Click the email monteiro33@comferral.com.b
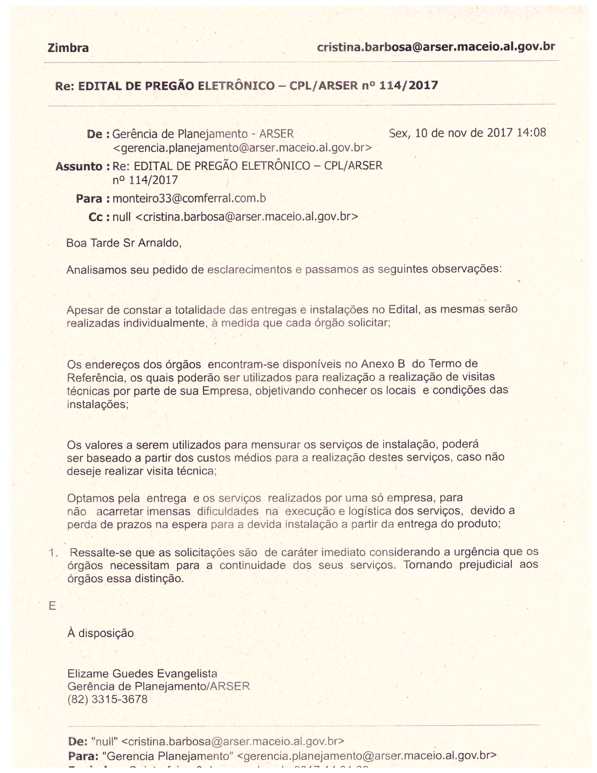[x=189, y=198]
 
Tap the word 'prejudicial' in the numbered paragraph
[x=486, y=564]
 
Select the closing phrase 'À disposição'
[x=100, y=633]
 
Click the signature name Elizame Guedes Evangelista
[x=142, y=673]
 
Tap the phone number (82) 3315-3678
[x=107, y=699]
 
